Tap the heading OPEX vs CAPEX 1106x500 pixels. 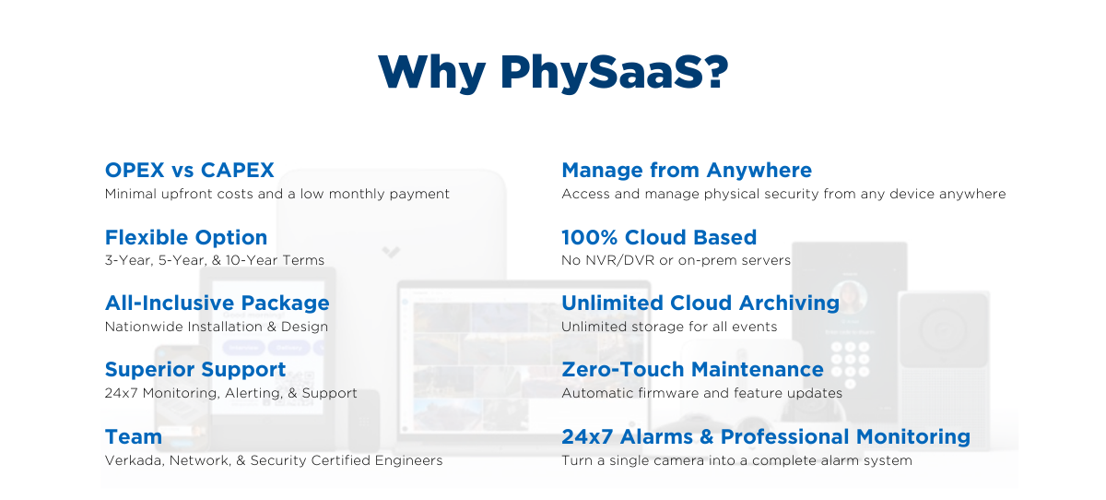[x=189, y=170]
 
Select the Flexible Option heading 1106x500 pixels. [x=186, y=238]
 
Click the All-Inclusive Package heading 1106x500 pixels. [x=218, y=304]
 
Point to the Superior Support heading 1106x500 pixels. [x=195, y=370]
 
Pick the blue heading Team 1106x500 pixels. [x=134, y=436]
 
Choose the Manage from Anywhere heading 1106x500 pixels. [x=687, y=171]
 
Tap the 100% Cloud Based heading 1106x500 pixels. [x=659, y=237]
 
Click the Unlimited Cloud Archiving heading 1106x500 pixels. [x=700, y=304]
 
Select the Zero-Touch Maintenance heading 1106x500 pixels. [x=693, y=370]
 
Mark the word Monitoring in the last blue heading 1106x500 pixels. [x=913, y=436]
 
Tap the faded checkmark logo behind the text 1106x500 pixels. [x=391, y=252]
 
